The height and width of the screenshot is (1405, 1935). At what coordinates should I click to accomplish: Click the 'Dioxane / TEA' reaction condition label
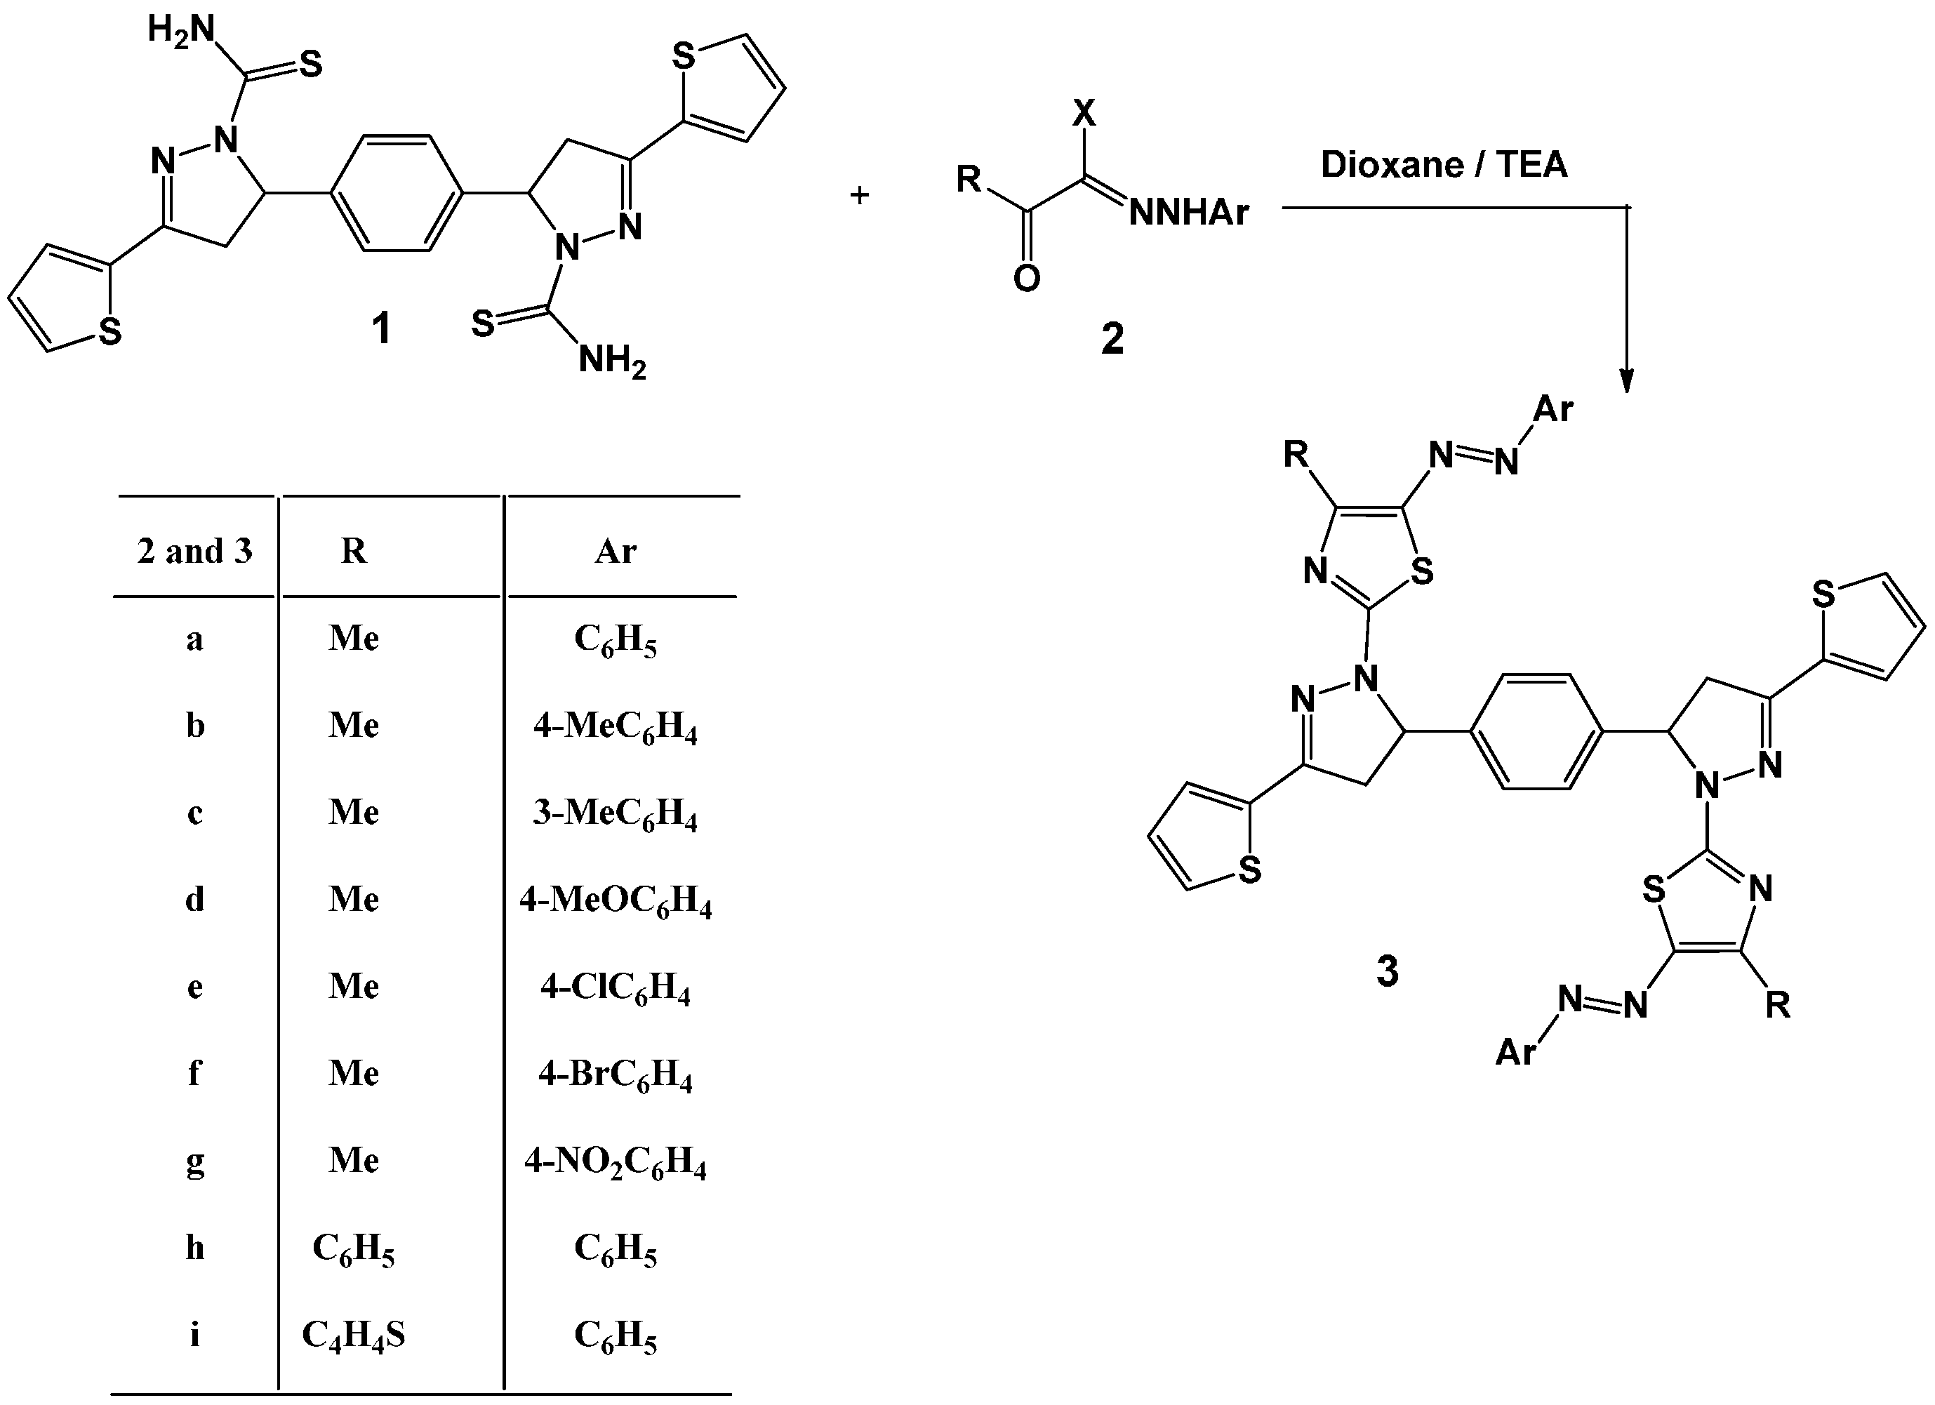point(1444,165)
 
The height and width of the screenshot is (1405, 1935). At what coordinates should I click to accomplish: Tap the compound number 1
point(380,328)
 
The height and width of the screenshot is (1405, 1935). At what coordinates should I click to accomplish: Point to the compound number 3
point(1388,972)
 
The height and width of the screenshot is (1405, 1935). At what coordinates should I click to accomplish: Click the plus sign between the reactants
point(859,195)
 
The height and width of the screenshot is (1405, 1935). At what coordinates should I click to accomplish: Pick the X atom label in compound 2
point(1084,112)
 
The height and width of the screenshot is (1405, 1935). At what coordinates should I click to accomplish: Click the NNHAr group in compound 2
point(1188,213)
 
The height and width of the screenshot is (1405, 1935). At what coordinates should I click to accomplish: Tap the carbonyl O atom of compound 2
point(1026,277)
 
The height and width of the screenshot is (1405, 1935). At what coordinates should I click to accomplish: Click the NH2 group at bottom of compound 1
point(612,361)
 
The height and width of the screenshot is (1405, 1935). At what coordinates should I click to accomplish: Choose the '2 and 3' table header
point(194,551)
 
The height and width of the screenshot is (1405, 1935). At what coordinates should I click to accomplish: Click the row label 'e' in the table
point(194,987)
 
